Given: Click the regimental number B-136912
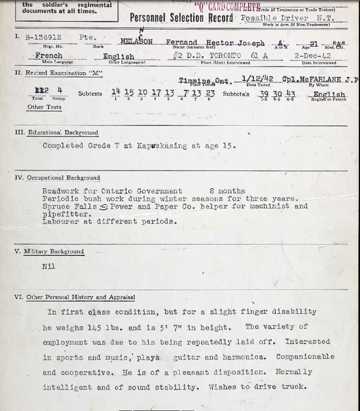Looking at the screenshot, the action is (x=43, y=38).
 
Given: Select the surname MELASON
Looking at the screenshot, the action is (x=136, y=42).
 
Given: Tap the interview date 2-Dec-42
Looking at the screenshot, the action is (x=313, y=56).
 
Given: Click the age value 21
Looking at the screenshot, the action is (x=314, y=44).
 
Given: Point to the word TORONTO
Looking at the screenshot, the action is (x=225, y=56).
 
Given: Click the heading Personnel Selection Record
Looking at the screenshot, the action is (x=181, y=18).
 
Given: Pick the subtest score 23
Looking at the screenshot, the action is (x=210, y=92).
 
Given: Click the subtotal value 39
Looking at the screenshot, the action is (x=264, y=94).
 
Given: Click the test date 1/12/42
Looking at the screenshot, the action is (x=257, y=79).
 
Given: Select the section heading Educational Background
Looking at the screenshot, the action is (x=63, y=133).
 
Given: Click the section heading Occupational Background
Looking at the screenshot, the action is (x=63, y=178).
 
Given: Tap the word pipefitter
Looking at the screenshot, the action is (x=66, y=214).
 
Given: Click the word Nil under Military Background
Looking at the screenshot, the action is (x=49, y=267).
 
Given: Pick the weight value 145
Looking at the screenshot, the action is (x=95, y=328).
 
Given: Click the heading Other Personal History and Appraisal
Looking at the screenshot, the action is (x=80, y=297).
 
